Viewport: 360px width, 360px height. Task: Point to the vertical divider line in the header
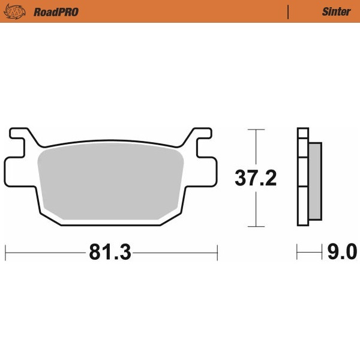289,11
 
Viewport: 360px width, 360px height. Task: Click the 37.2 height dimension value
255,178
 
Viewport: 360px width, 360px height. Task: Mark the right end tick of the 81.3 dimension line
217,253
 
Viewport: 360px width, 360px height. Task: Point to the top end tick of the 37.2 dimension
256,130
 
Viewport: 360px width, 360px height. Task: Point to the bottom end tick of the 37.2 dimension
256,227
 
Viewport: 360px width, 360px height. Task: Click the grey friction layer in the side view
315,180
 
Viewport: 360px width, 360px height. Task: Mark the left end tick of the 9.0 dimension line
296,253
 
